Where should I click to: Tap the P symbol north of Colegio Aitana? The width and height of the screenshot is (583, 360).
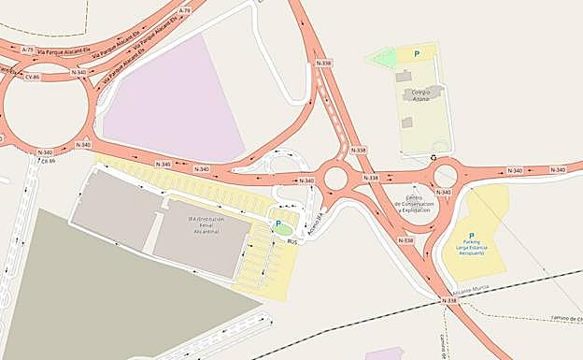coord(417,54)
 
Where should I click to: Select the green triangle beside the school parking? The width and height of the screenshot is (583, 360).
coord(384,58)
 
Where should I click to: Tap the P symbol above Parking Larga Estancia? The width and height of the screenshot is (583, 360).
coord(471,236)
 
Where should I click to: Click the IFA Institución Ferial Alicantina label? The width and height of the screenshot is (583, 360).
coord(205,223)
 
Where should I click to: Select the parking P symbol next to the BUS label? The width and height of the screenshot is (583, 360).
coord(277,223)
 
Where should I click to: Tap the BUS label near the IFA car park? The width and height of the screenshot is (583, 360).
coord(292,241)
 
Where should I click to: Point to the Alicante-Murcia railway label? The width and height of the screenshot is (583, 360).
coord(471,291)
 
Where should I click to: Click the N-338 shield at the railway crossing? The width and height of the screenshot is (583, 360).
coord(448,300)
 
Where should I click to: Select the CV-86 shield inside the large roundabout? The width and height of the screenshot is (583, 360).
coord(33,77)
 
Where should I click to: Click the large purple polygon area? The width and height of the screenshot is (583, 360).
coord(173,98)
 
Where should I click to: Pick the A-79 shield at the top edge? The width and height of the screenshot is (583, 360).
coord(183,10)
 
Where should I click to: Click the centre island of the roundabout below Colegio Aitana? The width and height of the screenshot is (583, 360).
coord(447,175)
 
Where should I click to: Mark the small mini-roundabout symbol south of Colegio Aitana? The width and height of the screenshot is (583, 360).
coord(434,158)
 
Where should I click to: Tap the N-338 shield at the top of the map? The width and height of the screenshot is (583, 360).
coord(324,63)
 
